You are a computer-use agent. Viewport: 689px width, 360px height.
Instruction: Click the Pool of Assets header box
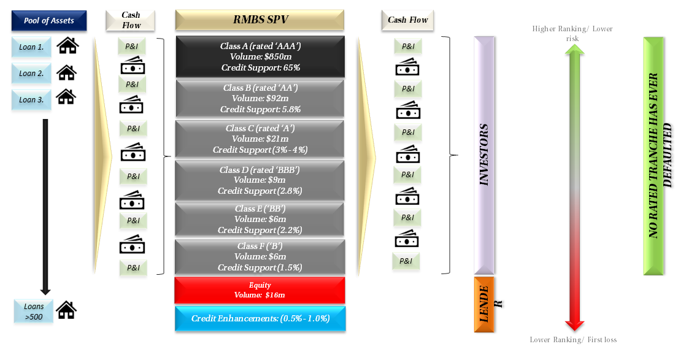click(x=48, y=21)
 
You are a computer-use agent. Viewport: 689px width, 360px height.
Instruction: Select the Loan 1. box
click(x=31, y=47)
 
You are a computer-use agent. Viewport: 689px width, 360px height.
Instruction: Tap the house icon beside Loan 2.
click(x=67, y=72)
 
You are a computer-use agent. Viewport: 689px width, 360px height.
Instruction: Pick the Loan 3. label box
click(x=31, y=99)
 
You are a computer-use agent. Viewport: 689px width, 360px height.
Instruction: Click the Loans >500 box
click(x=33, y=312)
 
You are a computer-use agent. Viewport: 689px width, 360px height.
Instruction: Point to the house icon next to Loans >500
click(x=66, y=310)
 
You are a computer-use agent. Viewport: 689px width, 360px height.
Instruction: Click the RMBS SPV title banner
click(x=260, y=20)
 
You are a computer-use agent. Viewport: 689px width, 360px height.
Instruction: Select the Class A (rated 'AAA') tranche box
click(x=260, y=56)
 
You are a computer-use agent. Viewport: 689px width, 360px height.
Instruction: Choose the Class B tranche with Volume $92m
click(x=260, y=98)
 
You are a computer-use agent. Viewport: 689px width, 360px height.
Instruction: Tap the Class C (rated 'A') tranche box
click(x=260, y=139)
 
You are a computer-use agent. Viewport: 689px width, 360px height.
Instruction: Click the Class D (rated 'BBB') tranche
click(x=260, y=180)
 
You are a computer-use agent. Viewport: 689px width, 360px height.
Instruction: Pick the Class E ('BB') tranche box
click(x=260, y=219)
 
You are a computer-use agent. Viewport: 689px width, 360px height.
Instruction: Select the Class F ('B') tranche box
click(x=260, y=257)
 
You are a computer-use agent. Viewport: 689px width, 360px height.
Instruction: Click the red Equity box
click(x=260, y=290)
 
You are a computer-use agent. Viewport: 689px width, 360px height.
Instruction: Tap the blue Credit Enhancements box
click(x=260, y=319)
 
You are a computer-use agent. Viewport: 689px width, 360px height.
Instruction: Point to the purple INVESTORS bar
click(x=484, y=155)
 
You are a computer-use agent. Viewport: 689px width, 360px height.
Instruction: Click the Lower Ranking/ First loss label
click(x=573, y=339)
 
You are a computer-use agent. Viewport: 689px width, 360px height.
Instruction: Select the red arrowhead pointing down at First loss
click(x=574, y=325)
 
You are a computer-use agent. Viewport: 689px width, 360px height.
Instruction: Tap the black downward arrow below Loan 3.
click(x=45, y=207)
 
